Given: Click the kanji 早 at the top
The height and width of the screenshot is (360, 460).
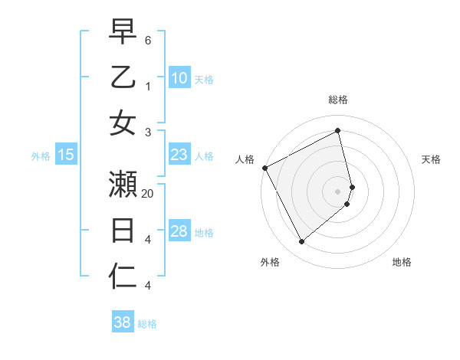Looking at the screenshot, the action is point(123,31).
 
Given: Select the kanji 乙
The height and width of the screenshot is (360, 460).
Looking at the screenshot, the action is point(123,77).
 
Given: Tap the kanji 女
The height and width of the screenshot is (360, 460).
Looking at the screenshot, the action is point(123,123).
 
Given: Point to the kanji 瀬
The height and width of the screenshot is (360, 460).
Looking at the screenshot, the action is point(123,184).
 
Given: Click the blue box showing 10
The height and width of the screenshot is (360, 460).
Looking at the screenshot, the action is point(179,78).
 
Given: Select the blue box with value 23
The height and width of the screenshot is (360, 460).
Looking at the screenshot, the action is point(179,155).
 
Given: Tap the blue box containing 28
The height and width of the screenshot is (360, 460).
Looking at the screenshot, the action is point(179,231).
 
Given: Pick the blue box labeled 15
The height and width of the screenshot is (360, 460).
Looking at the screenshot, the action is point(66,155).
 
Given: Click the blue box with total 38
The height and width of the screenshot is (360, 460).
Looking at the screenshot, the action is point(123,322).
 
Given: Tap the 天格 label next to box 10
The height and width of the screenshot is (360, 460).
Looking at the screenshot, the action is point(204,80).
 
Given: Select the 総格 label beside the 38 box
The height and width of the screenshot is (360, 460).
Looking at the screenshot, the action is point(147,324).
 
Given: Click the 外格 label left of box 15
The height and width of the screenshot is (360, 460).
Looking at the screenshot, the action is point(41,156).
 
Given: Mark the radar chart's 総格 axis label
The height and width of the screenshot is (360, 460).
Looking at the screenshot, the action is point(338,100).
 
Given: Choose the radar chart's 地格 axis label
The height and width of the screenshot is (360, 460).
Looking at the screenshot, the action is point(402,262).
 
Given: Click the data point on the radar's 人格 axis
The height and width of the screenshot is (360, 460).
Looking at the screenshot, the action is point(264,167).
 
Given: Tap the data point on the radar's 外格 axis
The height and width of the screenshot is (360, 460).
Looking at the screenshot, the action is point(301,242).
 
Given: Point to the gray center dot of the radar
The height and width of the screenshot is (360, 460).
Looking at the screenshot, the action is point(338,191).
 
